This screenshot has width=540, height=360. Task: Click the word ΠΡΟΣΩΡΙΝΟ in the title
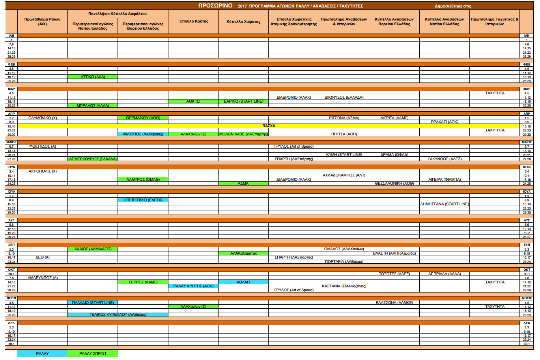pyautogui.click(x=215, y=6)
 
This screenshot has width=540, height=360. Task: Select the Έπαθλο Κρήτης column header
pyautogui.click(x=193, y=21)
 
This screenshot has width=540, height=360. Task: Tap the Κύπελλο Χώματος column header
pyautogui.click(x=243, y=22)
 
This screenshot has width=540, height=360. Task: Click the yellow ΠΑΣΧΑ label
pyautogui.click(x=269, y=126)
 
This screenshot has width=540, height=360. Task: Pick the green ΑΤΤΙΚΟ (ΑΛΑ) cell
pyautogui.click(x=93, y=77)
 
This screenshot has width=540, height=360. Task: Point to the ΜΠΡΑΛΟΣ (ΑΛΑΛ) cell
pyautogui.click(x=93, y=105)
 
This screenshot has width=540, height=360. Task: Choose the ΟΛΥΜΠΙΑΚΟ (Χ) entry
pyautogui.click(x=43, y=118)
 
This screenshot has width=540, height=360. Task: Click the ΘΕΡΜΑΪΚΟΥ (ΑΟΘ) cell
pyautogui.click(x=143, y=118)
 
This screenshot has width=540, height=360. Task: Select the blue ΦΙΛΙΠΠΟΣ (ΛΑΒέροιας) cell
pyautogui.click(x=143, y=134)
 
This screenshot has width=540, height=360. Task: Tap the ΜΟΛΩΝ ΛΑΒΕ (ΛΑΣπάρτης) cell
pyautogui.click(x=243, y=134)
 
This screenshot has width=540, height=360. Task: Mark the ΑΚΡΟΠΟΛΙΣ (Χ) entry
pyautogui.click(x=43, y=171)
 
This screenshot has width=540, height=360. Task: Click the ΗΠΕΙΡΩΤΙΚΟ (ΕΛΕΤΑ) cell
pyautogui.click(x=143, y=200)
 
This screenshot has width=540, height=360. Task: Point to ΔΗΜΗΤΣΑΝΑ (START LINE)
pyautogui.click(x=445, y=204)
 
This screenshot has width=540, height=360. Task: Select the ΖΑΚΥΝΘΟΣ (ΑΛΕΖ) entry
pyautogui.click(x=445, y=159)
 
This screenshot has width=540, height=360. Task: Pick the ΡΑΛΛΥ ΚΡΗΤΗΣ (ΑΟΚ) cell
pyautogui.click(x=193, y=286)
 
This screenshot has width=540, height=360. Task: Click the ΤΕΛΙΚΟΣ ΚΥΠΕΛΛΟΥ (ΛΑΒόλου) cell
pyautogui.click(x=118, y=315)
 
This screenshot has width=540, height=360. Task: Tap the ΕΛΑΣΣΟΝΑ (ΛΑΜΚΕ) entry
pyautogui.click(x=394, y=302)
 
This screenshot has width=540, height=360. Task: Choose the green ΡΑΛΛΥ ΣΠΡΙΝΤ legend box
pyautogui.click(x=93, y=353)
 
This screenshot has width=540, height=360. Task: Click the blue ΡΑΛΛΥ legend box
pyautogui.click(x=43, y=353)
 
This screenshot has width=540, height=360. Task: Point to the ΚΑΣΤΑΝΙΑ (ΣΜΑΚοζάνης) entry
pyautogui.click(x=344, y=286)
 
